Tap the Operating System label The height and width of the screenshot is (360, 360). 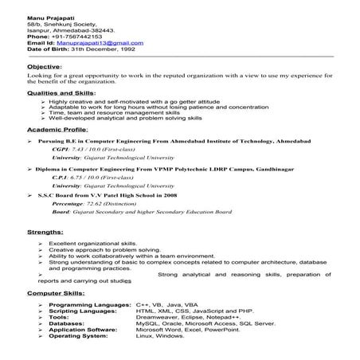[80, 336]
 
